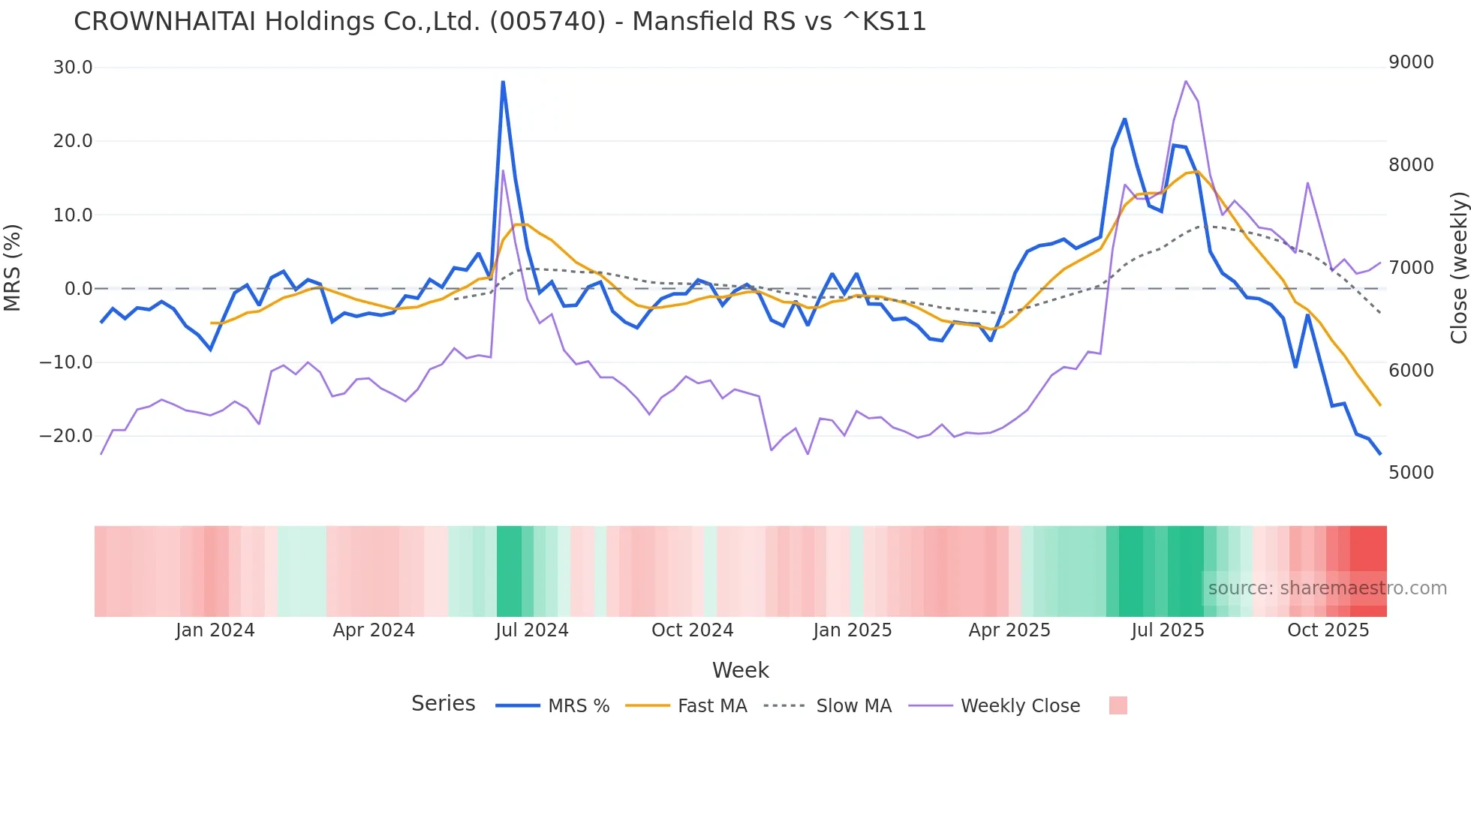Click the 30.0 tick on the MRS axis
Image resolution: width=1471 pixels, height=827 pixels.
(x=73, y=68)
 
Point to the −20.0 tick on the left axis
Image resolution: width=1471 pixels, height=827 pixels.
(x=66, y=436)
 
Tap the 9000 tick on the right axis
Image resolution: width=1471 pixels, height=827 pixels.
(x=1411, y=62)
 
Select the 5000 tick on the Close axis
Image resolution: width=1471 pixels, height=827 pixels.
(x=1411, y=473)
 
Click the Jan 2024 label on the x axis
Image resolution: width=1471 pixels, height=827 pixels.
(x=215, y=630)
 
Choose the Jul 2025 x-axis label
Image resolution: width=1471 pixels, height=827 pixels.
(x=1168, y=630)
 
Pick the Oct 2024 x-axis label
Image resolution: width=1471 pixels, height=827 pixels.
(x=692, y=630)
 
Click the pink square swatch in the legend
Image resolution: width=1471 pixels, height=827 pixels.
(x=1118, y=705)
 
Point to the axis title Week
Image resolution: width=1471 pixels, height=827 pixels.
(x=740, y=670)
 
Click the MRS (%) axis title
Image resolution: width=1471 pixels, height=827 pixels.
(x=13, y=267)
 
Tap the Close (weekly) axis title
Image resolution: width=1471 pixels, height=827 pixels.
(x=1458, y=268)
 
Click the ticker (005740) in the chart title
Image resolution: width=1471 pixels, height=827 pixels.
(x=547, y=22)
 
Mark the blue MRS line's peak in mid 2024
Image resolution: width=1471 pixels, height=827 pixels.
(x=503, y=81)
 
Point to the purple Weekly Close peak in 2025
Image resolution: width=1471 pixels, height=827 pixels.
(x=1186, y=81)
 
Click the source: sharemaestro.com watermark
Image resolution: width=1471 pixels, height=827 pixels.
(x=1327, y=588)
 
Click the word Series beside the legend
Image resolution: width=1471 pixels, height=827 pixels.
(x=443, y=704)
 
